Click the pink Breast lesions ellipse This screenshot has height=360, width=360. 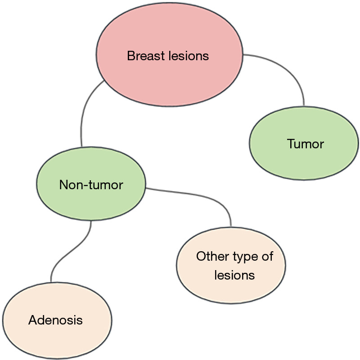click(x=170, y=54)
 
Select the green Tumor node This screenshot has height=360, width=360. click(x=304, y=143)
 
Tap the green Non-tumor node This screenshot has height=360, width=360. click(x=91, y=184)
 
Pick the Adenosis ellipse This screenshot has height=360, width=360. click(x=57, y=320)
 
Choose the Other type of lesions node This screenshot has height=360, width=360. click(x=231, y=266)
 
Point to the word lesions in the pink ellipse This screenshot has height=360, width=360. click(x=189, y=56)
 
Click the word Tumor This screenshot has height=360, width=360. click(x=306, y=144)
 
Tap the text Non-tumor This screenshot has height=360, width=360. click(x=91, y=185)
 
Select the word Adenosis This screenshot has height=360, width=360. click(x=55, y=320)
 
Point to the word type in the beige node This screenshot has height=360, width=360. click(x=245, y=257)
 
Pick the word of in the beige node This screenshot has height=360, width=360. click(x=267, y=256)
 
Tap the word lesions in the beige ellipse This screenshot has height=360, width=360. click(x=234, y=275)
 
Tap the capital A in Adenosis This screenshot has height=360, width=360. click(x=33, y=320)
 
